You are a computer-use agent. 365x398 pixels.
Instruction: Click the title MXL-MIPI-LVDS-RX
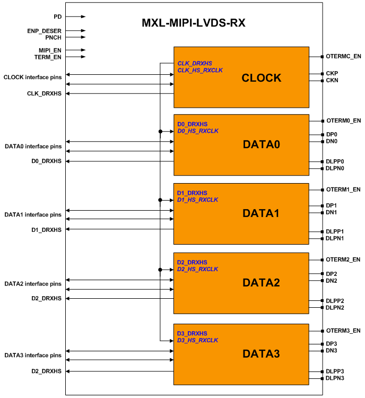pyautogui.click(x=194, y=23)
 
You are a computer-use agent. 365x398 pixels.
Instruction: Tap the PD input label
pyautogui.click(x=58, y=16)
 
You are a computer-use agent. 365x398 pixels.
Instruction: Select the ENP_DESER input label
pyautogui.click(x=44, y=31)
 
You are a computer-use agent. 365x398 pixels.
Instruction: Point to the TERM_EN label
pyautogui.click(x=48, y=57)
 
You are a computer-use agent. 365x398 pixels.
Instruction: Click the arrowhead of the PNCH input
pyautogui.click(x=83, y=37)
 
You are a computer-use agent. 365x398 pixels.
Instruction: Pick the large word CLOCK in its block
pyautogui.click(x=262, y=78)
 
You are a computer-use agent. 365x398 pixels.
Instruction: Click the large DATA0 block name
pyautogui.click(x=262, y=144)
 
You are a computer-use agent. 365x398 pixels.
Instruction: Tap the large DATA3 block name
pyautogui.click(x=261, y=353)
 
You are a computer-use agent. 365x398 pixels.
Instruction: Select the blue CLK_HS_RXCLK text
pyautogui.click(x=200, y=70)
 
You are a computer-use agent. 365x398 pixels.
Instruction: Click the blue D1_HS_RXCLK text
pyautogui.click(x=197, y=200)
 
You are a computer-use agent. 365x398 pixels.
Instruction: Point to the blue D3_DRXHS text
pyautogui.click(x=192, y=333)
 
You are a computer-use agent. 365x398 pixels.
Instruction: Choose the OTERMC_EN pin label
pyautogui.click(x=343, y=56)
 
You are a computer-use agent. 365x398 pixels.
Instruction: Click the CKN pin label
pyautogui.click(x=332, y=80)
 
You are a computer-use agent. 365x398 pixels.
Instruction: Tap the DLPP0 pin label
pyautogui.click(x=335, y=161)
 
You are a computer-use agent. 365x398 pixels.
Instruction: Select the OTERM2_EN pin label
pyautogui.click(x=343, y=259)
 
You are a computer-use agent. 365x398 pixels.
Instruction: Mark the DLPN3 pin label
pyautogui.click(x=335, y=378)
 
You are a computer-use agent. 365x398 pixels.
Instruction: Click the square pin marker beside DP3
pyautogui.click(x=323, y=344)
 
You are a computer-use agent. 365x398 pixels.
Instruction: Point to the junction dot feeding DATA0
pyautogui.click(x=160, y=132)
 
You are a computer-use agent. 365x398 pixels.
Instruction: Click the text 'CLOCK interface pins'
pyautogui.click(x=32, y=77)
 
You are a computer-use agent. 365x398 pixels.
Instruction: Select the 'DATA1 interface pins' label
pyautogui.click(x=33, y=215)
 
